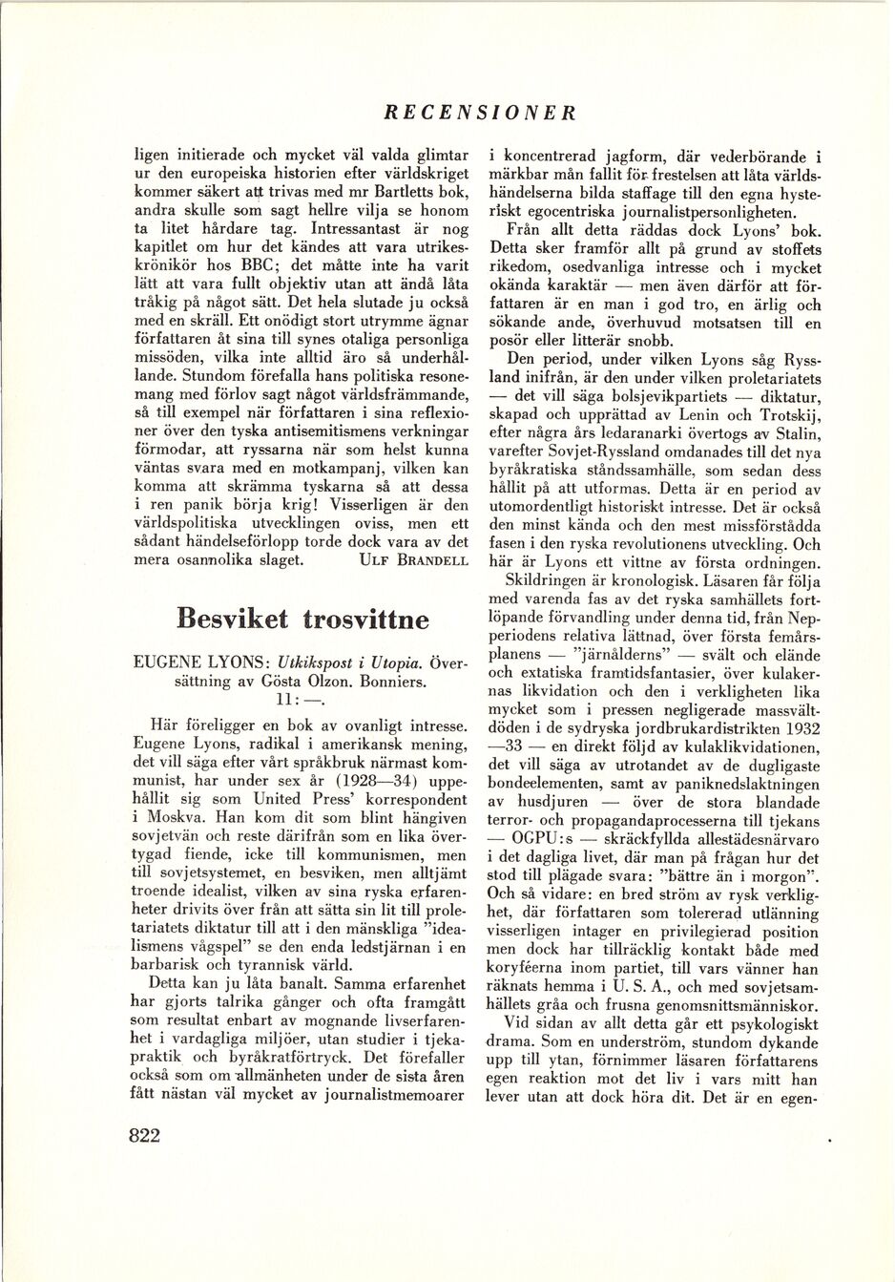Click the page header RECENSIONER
[x=480, y=113]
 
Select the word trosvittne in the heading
[x=365, y=619]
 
